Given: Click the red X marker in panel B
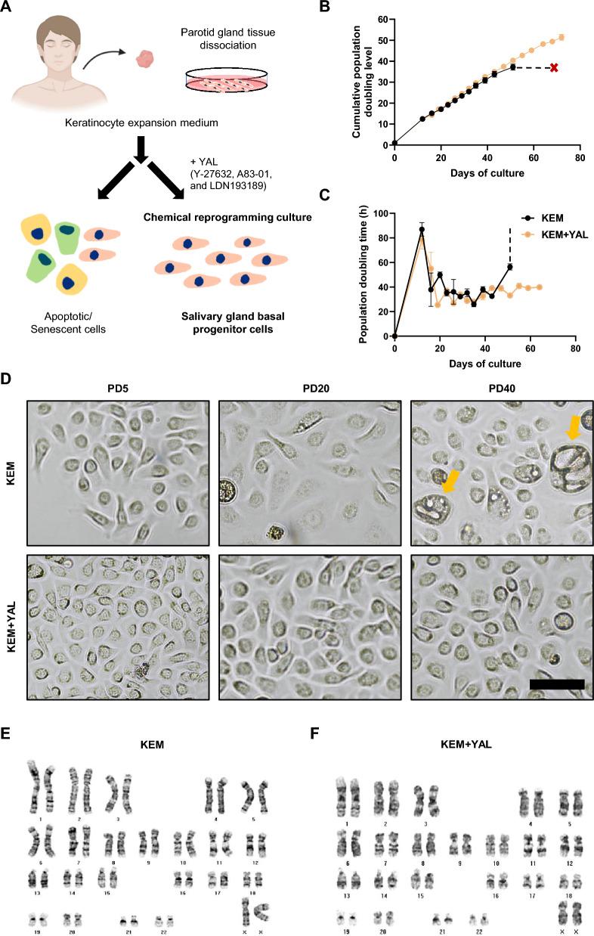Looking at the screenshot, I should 554,67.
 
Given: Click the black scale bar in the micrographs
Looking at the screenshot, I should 557,683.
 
